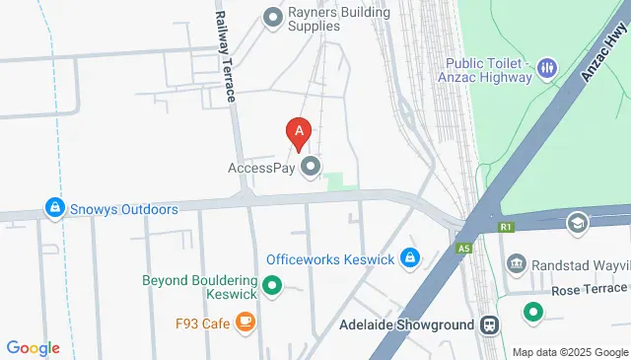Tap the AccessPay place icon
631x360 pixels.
(x=312, y=168)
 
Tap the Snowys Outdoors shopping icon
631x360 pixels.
(x=53, y=209)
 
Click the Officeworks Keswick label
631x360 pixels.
(x=330, y=259)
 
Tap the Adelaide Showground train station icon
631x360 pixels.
(x=488, y=324)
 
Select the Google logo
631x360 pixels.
(x=34, y=347)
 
